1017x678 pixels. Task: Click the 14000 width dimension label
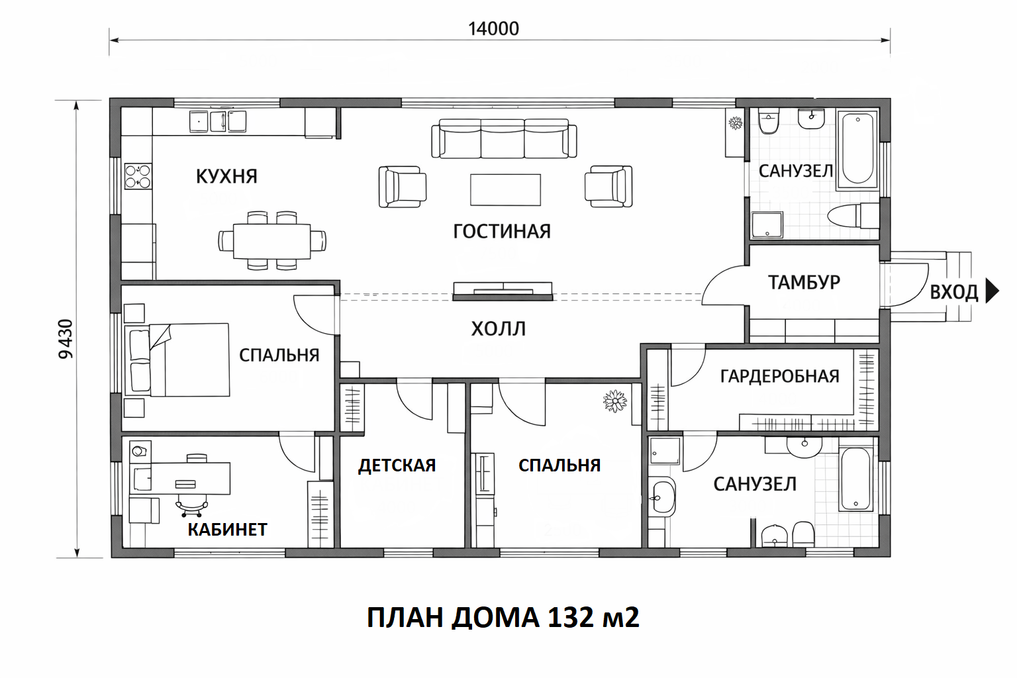pyautogui.click(x=493, y=28)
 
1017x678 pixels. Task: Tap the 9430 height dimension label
pyautogui.click(x=66, y=339)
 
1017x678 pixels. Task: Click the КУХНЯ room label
pyautogui.click(x=226, y=176)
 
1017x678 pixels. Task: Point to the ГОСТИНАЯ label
pyautogui.click(x=502, y=231)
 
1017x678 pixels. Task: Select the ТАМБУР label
pyautogui.click(x=804, y=282)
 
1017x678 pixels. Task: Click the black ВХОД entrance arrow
pyautogui.click(x=993, y=291)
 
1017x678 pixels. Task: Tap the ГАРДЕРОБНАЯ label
pyautogui.click(x=779, y=376)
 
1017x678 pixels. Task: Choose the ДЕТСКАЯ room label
pyautogui.click(x=397, y=465)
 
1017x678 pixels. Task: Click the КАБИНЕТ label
pyautogui.click(x=228, y=529)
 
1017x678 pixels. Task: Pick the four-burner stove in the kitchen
pyautogui.click(x=138, y=176)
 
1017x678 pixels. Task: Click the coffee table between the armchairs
pyautogui.click(x=505, y=190)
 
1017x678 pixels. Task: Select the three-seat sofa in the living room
pyautogui.click(x=504, y=138)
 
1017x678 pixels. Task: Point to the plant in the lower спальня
pyautogui.click(x=614, y=401)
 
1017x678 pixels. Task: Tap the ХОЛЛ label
pyautogui.click(x=498, y=328)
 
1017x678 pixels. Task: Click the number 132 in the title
pyautogui.click(x=571, y=618)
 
